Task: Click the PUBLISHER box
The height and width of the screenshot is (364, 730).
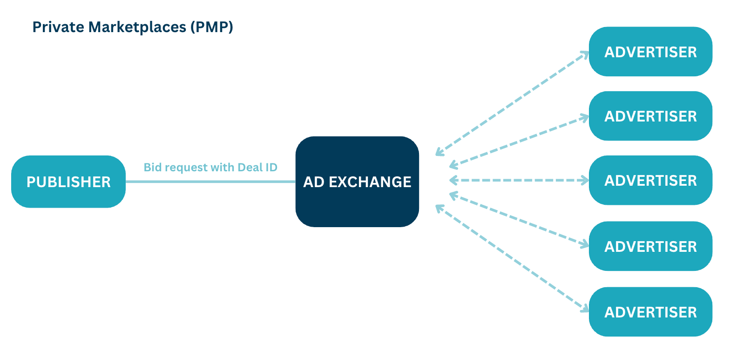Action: click(x=68, y=182)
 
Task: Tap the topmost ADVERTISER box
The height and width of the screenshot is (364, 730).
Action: click(x=650, y=52)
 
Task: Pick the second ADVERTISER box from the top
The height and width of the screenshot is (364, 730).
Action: click(x=650, y=116)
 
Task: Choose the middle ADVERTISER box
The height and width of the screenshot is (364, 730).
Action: click(x=650, y=180)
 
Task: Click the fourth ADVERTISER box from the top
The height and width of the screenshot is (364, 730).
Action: click(x=650, y=246)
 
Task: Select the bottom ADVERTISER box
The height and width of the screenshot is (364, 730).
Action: click(x=650, y=311)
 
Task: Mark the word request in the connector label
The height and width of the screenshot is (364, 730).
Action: click(x=181, y=167)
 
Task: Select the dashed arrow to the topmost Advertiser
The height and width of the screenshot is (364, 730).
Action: click(x=512, y=103)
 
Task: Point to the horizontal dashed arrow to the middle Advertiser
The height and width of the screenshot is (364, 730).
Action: click(x=519, y=180)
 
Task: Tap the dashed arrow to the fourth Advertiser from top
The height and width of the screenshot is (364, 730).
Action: click(x=519, y=219)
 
